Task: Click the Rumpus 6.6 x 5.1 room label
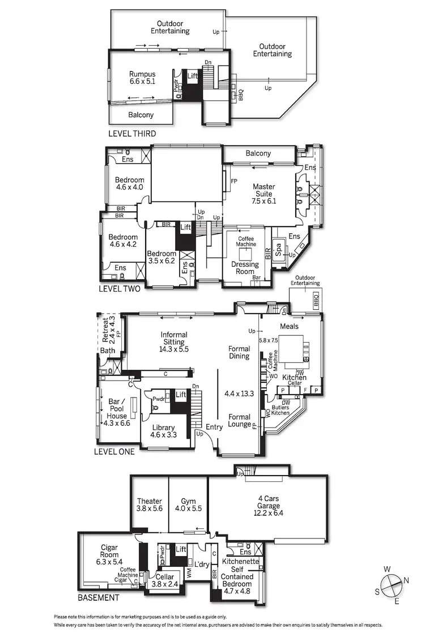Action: point(142,78)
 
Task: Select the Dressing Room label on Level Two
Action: point(245,268)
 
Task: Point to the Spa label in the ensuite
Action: point(278,249)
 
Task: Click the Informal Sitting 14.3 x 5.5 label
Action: point(173,342)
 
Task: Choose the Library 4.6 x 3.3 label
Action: point(163,431)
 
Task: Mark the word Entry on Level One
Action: point(214,427)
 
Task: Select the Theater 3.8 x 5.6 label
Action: point(149,505)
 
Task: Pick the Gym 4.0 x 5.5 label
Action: point(188,505)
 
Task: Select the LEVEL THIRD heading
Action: point(131,134)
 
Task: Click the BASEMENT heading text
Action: point(99,598)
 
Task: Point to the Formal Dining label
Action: point(239,352)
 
